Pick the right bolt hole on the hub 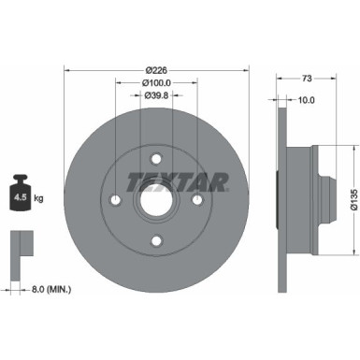[x=198, y=198]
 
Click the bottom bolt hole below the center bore [x=156, y=241]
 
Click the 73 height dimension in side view [x=307, y=81]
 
